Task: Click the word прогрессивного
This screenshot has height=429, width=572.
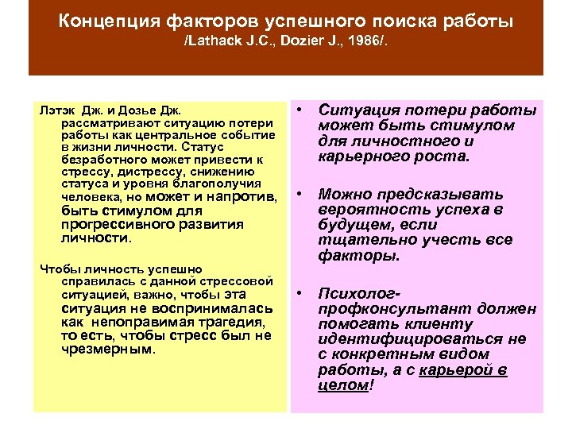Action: coord(112,225)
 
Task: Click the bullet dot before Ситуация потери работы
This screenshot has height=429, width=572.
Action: coord(302,110)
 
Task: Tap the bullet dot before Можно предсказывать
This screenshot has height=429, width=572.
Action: coord(302,193)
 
